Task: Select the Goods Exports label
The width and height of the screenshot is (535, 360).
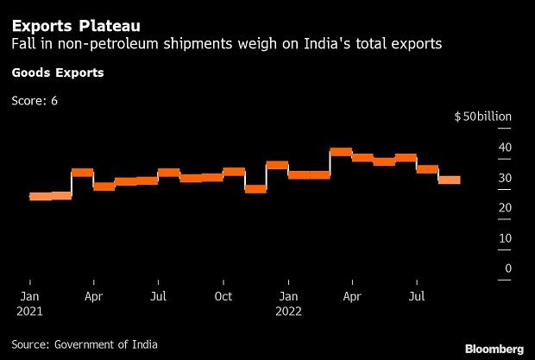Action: coord(57,73)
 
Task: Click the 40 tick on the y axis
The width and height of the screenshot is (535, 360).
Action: coord(505,148)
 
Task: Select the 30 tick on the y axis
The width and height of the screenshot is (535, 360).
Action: coord(505,178)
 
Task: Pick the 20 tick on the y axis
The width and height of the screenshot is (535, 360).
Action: coord(505,208)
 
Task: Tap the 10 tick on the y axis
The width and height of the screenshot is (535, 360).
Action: coord(505,238)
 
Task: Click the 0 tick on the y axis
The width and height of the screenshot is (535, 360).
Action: coord(508,268)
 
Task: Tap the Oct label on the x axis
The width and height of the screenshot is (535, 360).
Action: coord(223,295)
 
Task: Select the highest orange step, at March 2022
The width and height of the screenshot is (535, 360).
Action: coord(341,152)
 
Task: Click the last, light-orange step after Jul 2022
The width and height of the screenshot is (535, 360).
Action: coord(449,180)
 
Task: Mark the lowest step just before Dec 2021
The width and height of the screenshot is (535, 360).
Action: coord(255,189)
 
